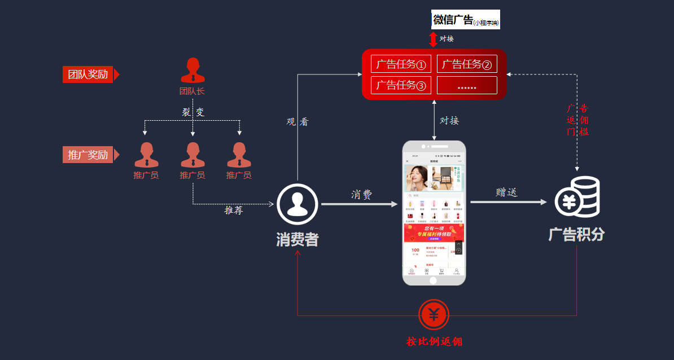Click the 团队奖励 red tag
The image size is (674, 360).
(x=88, y=74)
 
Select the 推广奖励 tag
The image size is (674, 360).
(x=88, y=155)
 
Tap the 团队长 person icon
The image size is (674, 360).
(x=192, y=70)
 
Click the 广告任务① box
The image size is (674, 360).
(x=401, y=64)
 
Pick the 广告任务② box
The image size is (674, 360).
(x=467, y=64)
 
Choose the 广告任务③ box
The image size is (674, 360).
(x=401, y=85)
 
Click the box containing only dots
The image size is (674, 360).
(x=467, y=86)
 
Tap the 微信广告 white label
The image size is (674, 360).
(x=466, y=20)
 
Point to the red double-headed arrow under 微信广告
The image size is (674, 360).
(x=433, y=39)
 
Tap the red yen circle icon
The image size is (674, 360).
(x=434, y=315)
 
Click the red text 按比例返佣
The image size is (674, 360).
(x=434, y=341)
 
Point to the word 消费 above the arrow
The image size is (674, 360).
(x=362, y=195)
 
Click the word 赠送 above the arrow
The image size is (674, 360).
(x=506, y=192)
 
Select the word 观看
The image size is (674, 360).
(x=297, y=121)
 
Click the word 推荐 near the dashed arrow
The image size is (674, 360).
(x=234, y=210)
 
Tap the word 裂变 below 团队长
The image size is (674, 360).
(x=193, y=112)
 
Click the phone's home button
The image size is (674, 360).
(x=434, y=280)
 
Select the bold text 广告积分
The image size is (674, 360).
(x=576, y=234)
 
